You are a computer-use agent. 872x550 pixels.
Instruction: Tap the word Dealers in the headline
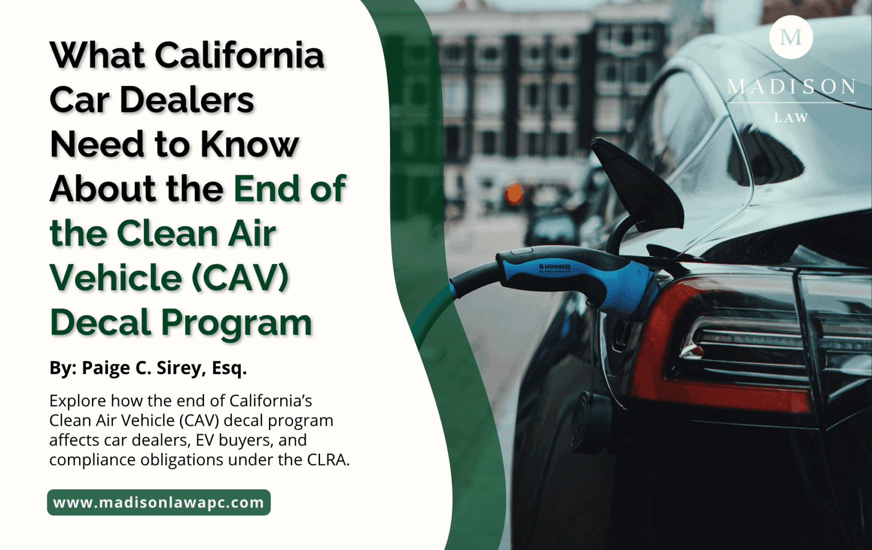tap(187, 100)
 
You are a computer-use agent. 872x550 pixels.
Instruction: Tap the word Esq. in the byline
tap(229, 368)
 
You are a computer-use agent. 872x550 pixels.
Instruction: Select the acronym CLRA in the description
tap(328, 460)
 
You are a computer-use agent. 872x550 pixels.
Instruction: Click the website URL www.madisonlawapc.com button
tap(159, 503)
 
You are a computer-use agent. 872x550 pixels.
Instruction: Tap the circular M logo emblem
tap(791, 37)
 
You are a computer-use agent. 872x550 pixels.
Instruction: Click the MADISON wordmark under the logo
tap(791, 87)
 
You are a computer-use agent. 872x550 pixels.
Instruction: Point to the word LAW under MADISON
tap(791, 118)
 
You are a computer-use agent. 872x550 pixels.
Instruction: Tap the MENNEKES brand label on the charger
tap(555, 267)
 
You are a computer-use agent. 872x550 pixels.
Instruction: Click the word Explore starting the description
tap(78, 401)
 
